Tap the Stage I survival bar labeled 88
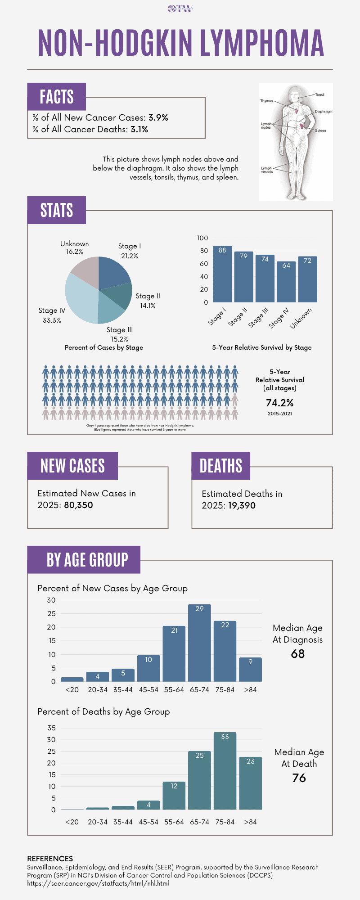(222, 274)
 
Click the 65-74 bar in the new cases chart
(199, 643)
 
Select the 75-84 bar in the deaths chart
(225, 771)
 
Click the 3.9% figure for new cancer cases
(158, 118)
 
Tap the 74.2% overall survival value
(279, 403)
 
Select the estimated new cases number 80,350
(78, 505)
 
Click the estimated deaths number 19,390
(242, 505)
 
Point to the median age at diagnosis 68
(298, 654)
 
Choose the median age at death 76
(299, 778)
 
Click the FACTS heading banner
(57, 97)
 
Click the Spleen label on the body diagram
(320, 130)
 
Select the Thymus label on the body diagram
(266, 101)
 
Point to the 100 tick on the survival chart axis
(202, 238)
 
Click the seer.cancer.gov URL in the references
(98, 883)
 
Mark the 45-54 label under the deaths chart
(148, 822)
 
